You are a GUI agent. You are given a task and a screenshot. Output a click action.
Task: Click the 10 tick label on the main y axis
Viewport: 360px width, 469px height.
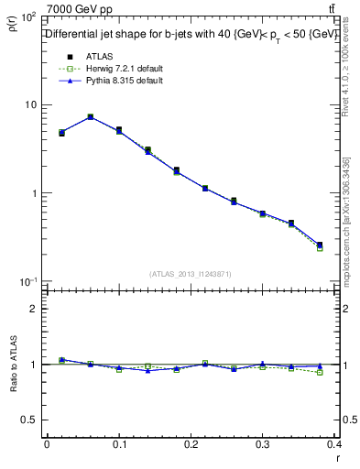tap(30, 105)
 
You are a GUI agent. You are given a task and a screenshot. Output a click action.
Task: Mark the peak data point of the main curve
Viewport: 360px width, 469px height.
tap(90, 116)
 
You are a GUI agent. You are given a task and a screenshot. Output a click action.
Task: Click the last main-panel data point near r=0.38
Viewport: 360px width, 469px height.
tap(320, 245)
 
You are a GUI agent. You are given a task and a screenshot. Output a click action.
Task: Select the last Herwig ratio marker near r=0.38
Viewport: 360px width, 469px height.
tap(320, 372)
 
